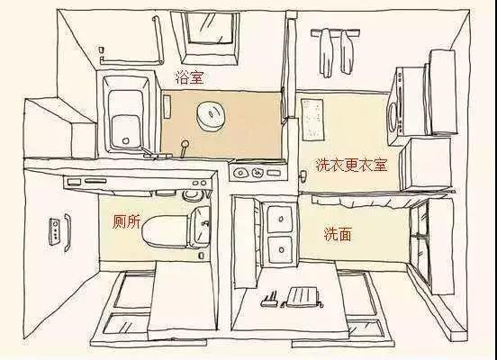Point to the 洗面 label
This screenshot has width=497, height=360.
point(338,234)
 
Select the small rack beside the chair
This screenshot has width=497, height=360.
point(267,300)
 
